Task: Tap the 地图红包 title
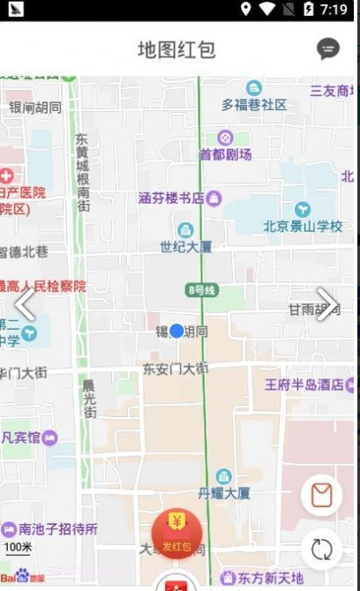176,49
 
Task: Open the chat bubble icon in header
328,49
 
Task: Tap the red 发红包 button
176,535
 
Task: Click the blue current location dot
176,331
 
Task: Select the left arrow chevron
25,304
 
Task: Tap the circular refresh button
321,549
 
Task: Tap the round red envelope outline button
321,496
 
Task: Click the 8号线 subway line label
201,290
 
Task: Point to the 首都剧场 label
226,154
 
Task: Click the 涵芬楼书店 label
172,198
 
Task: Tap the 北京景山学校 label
303,227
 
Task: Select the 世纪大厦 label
185,246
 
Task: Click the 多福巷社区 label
254,104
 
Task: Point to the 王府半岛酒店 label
304,385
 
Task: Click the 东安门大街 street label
176,368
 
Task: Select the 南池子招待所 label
58,529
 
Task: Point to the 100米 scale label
18,548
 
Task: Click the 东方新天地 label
269,579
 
